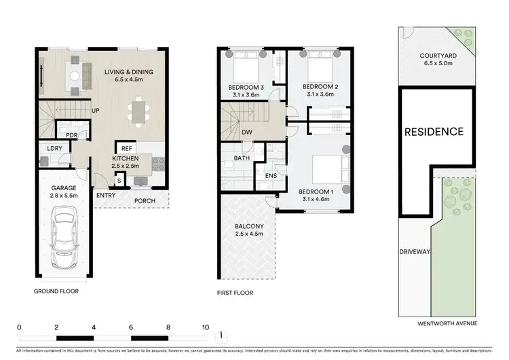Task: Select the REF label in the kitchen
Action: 126,147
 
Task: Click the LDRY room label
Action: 55,148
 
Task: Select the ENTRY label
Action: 106,196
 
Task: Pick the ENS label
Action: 269,175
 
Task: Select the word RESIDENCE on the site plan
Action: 434,131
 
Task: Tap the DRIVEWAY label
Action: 415,252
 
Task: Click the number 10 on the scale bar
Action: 205,327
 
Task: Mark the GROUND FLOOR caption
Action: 56,291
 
